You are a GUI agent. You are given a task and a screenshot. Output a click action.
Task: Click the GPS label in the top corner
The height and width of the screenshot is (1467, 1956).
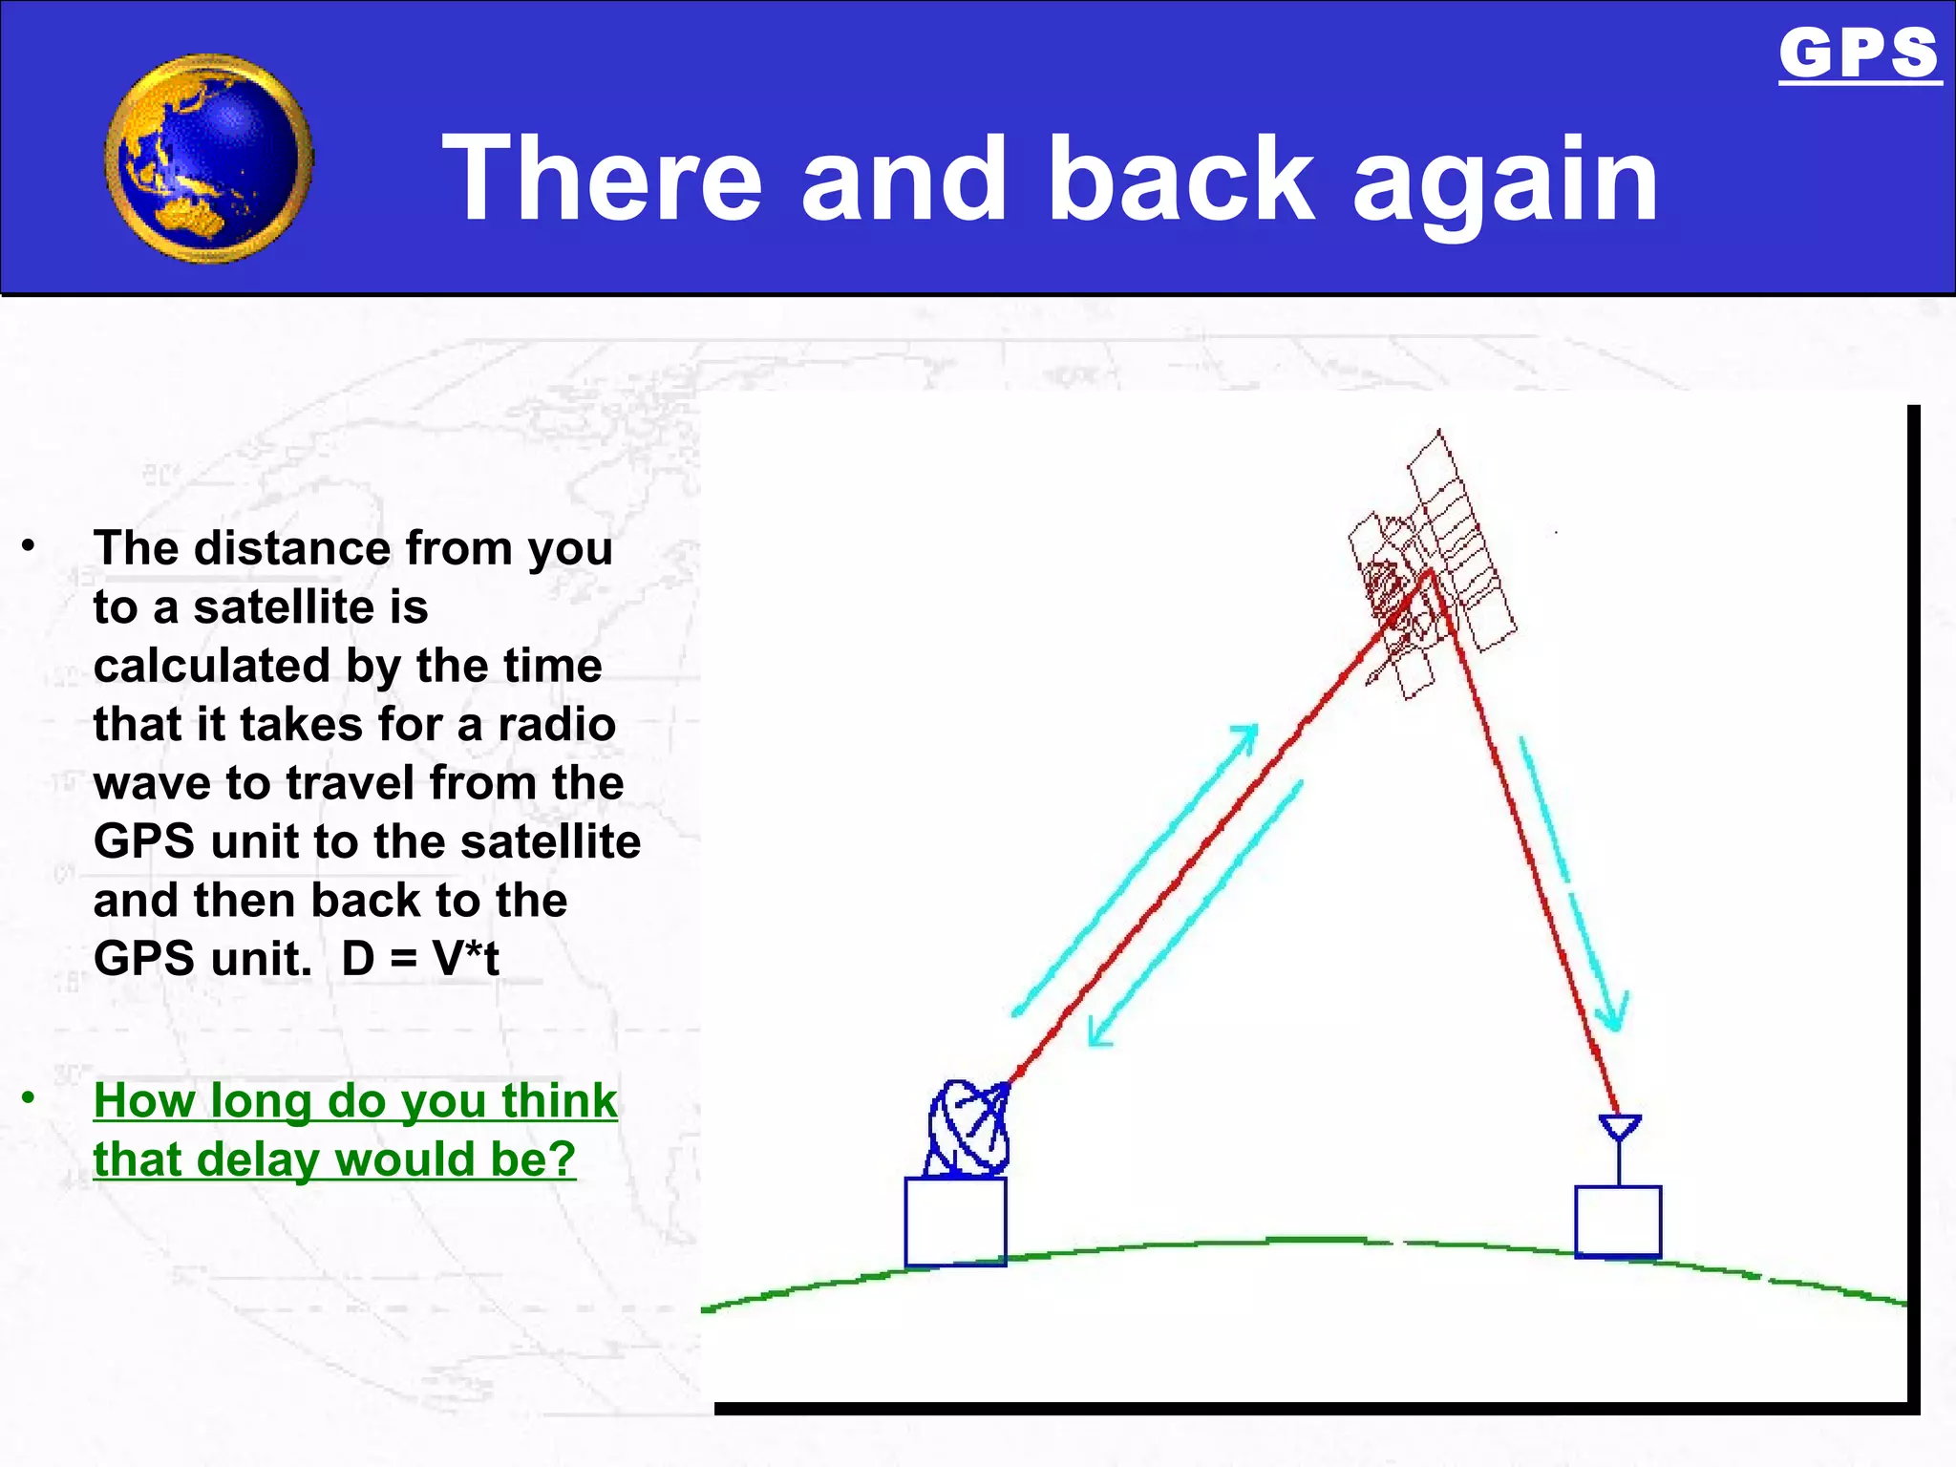click(x=1858, y=53)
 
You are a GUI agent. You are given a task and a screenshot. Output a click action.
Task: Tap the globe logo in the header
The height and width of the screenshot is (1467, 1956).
click(x=208, y=159)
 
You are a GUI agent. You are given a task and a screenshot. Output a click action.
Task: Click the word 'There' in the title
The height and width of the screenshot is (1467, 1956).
click(x=602, y=179)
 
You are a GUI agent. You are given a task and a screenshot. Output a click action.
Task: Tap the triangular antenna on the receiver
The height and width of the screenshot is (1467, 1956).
click(x=1619, y=1128)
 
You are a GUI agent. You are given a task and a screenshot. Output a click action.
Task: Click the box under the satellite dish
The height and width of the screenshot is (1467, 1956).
click(x=955, y=1222)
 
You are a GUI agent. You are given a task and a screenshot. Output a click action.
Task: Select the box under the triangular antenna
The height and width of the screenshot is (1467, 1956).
click(x=1618, y=1222)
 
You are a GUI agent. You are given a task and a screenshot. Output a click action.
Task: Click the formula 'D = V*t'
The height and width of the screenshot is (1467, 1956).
click(x=420, y=958)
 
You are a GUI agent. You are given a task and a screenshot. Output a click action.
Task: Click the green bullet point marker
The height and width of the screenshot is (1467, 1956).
click(x=29, y=1098)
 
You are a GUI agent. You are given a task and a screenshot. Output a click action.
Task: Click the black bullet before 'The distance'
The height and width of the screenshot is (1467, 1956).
click(x=29, y=546)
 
